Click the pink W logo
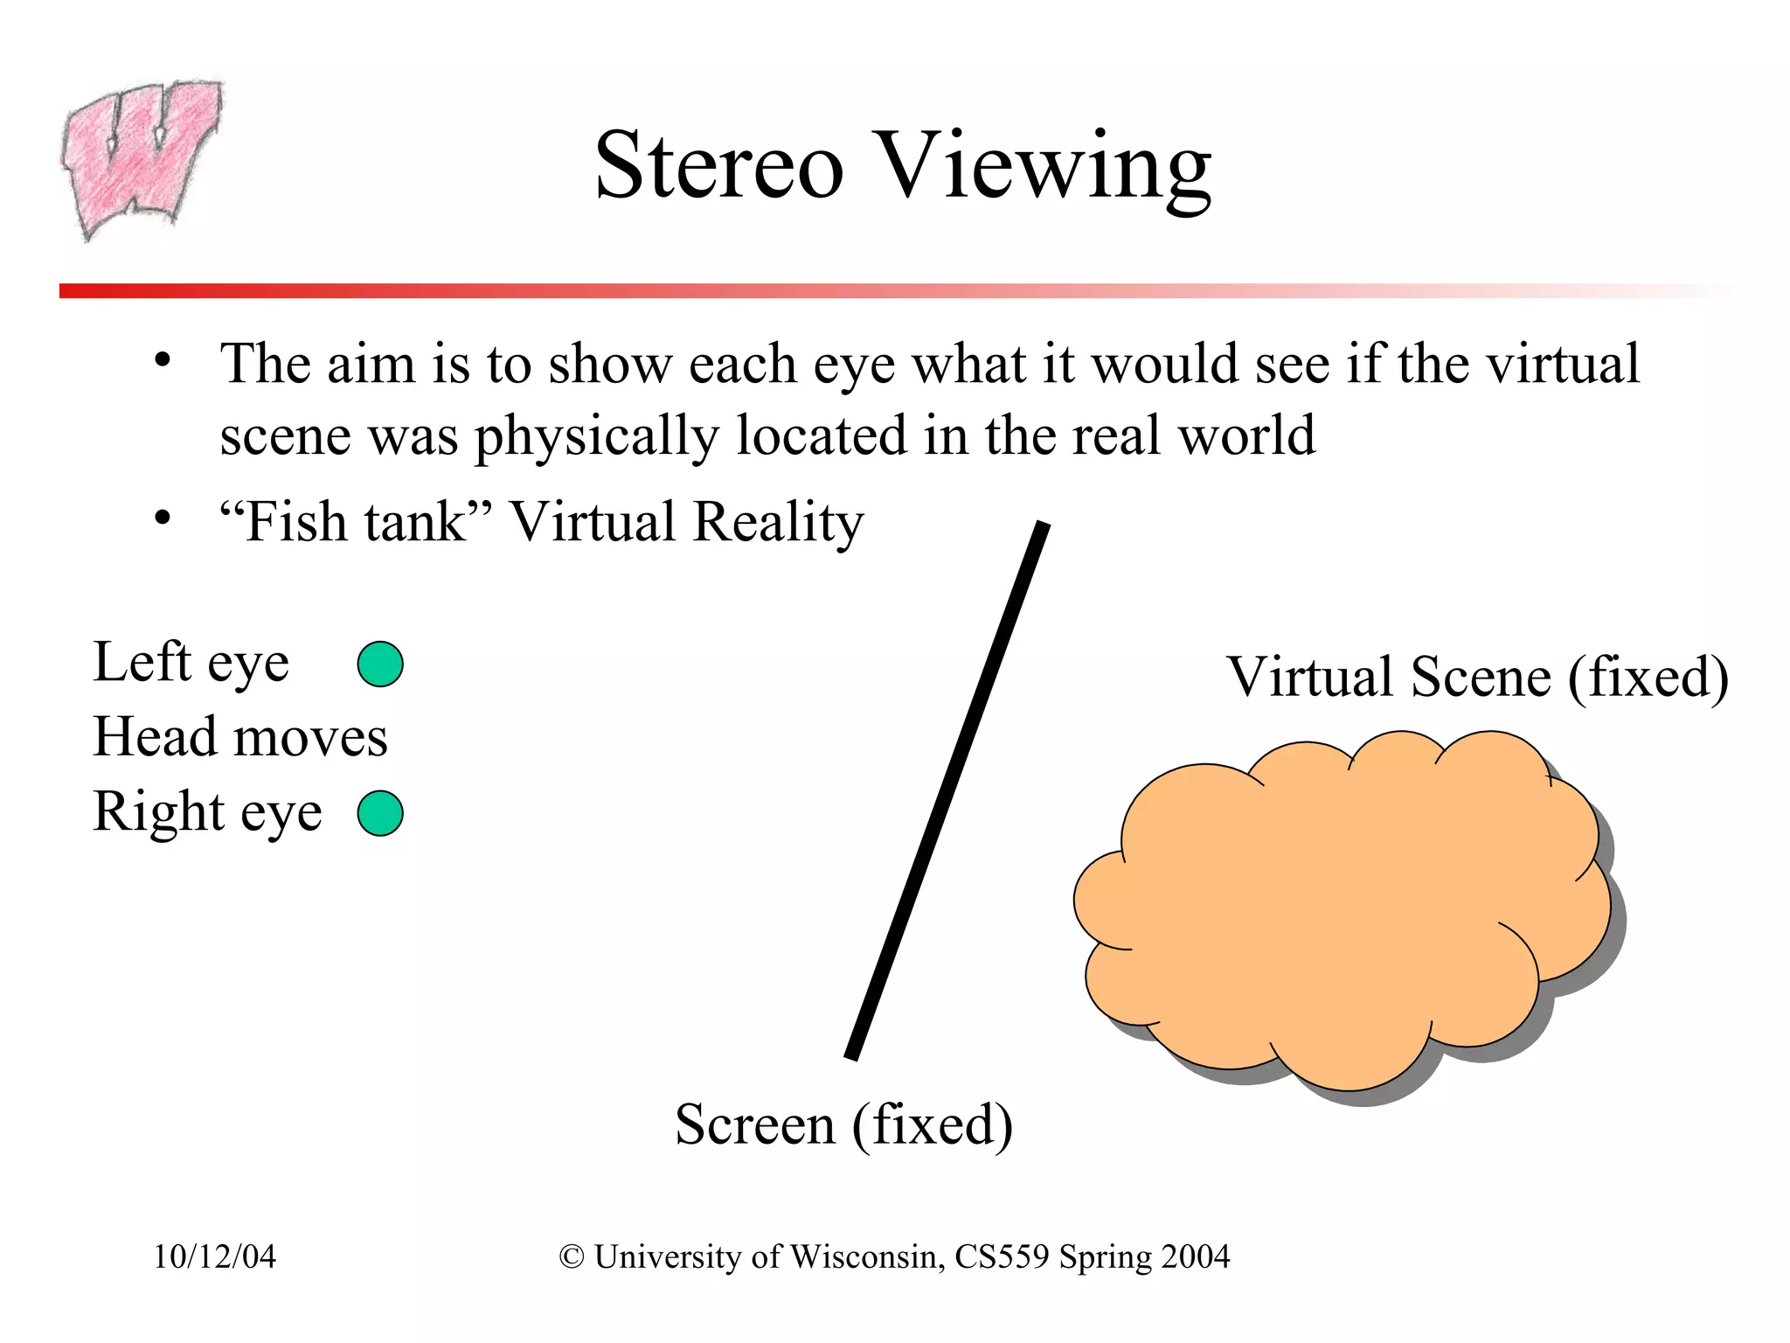140,157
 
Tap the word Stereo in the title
718,166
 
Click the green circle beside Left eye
380,664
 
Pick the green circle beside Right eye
380,813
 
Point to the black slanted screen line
947,791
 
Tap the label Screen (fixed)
843,1124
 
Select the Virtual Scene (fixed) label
1477,678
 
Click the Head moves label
240,737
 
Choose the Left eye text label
191,663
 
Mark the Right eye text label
207,812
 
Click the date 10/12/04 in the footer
215,1257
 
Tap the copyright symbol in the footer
571,1257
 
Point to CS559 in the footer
1001,1257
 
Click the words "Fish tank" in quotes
356,523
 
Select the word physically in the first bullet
596,436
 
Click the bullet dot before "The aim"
162,361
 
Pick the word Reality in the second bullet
779,523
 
